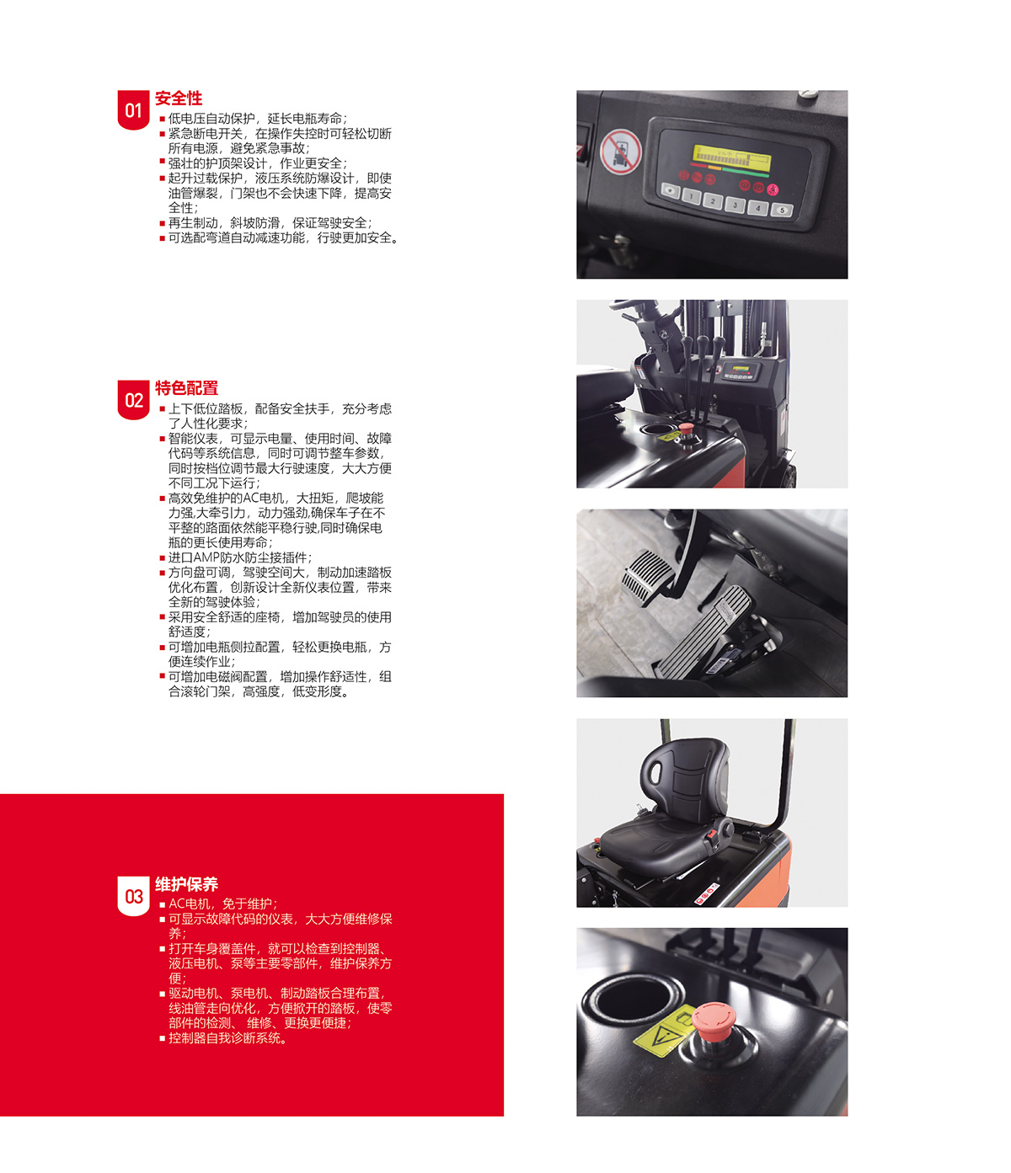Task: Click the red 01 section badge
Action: coord(133,109)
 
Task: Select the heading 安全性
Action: coord(179,99)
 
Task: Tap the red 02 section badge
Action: coord(133,399)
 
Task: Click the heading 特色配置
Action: coord(187,388)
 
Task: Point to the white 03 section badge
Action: coord(133,895)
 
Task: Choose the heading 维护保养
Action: coord(187,884)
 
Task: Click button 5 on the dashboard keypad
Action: coord(782,211)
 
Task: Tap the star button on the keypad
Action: coord(671,190)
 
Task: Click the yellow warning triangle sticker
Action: coord(662,1036)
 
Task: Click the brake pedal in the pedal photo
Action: coord(648,577)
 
